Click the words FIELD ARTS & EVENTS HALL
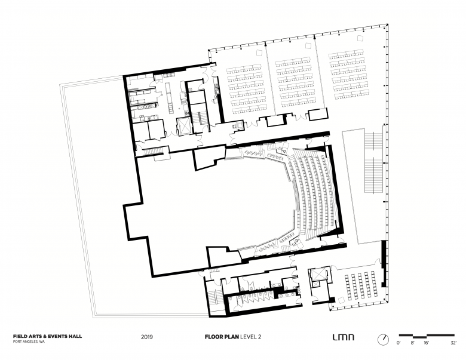click(47, 336)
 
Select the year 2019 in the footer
click(147, 337)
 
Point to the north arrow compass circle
click(382, 339)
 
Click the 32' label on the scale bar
click(454, 344)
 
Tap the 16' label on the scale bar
click(427, 344)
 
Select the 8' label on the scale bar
click(412, 344)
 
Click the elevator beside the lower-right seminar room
click(317, 275)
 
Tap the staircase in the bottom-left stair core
click(212, 296)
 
